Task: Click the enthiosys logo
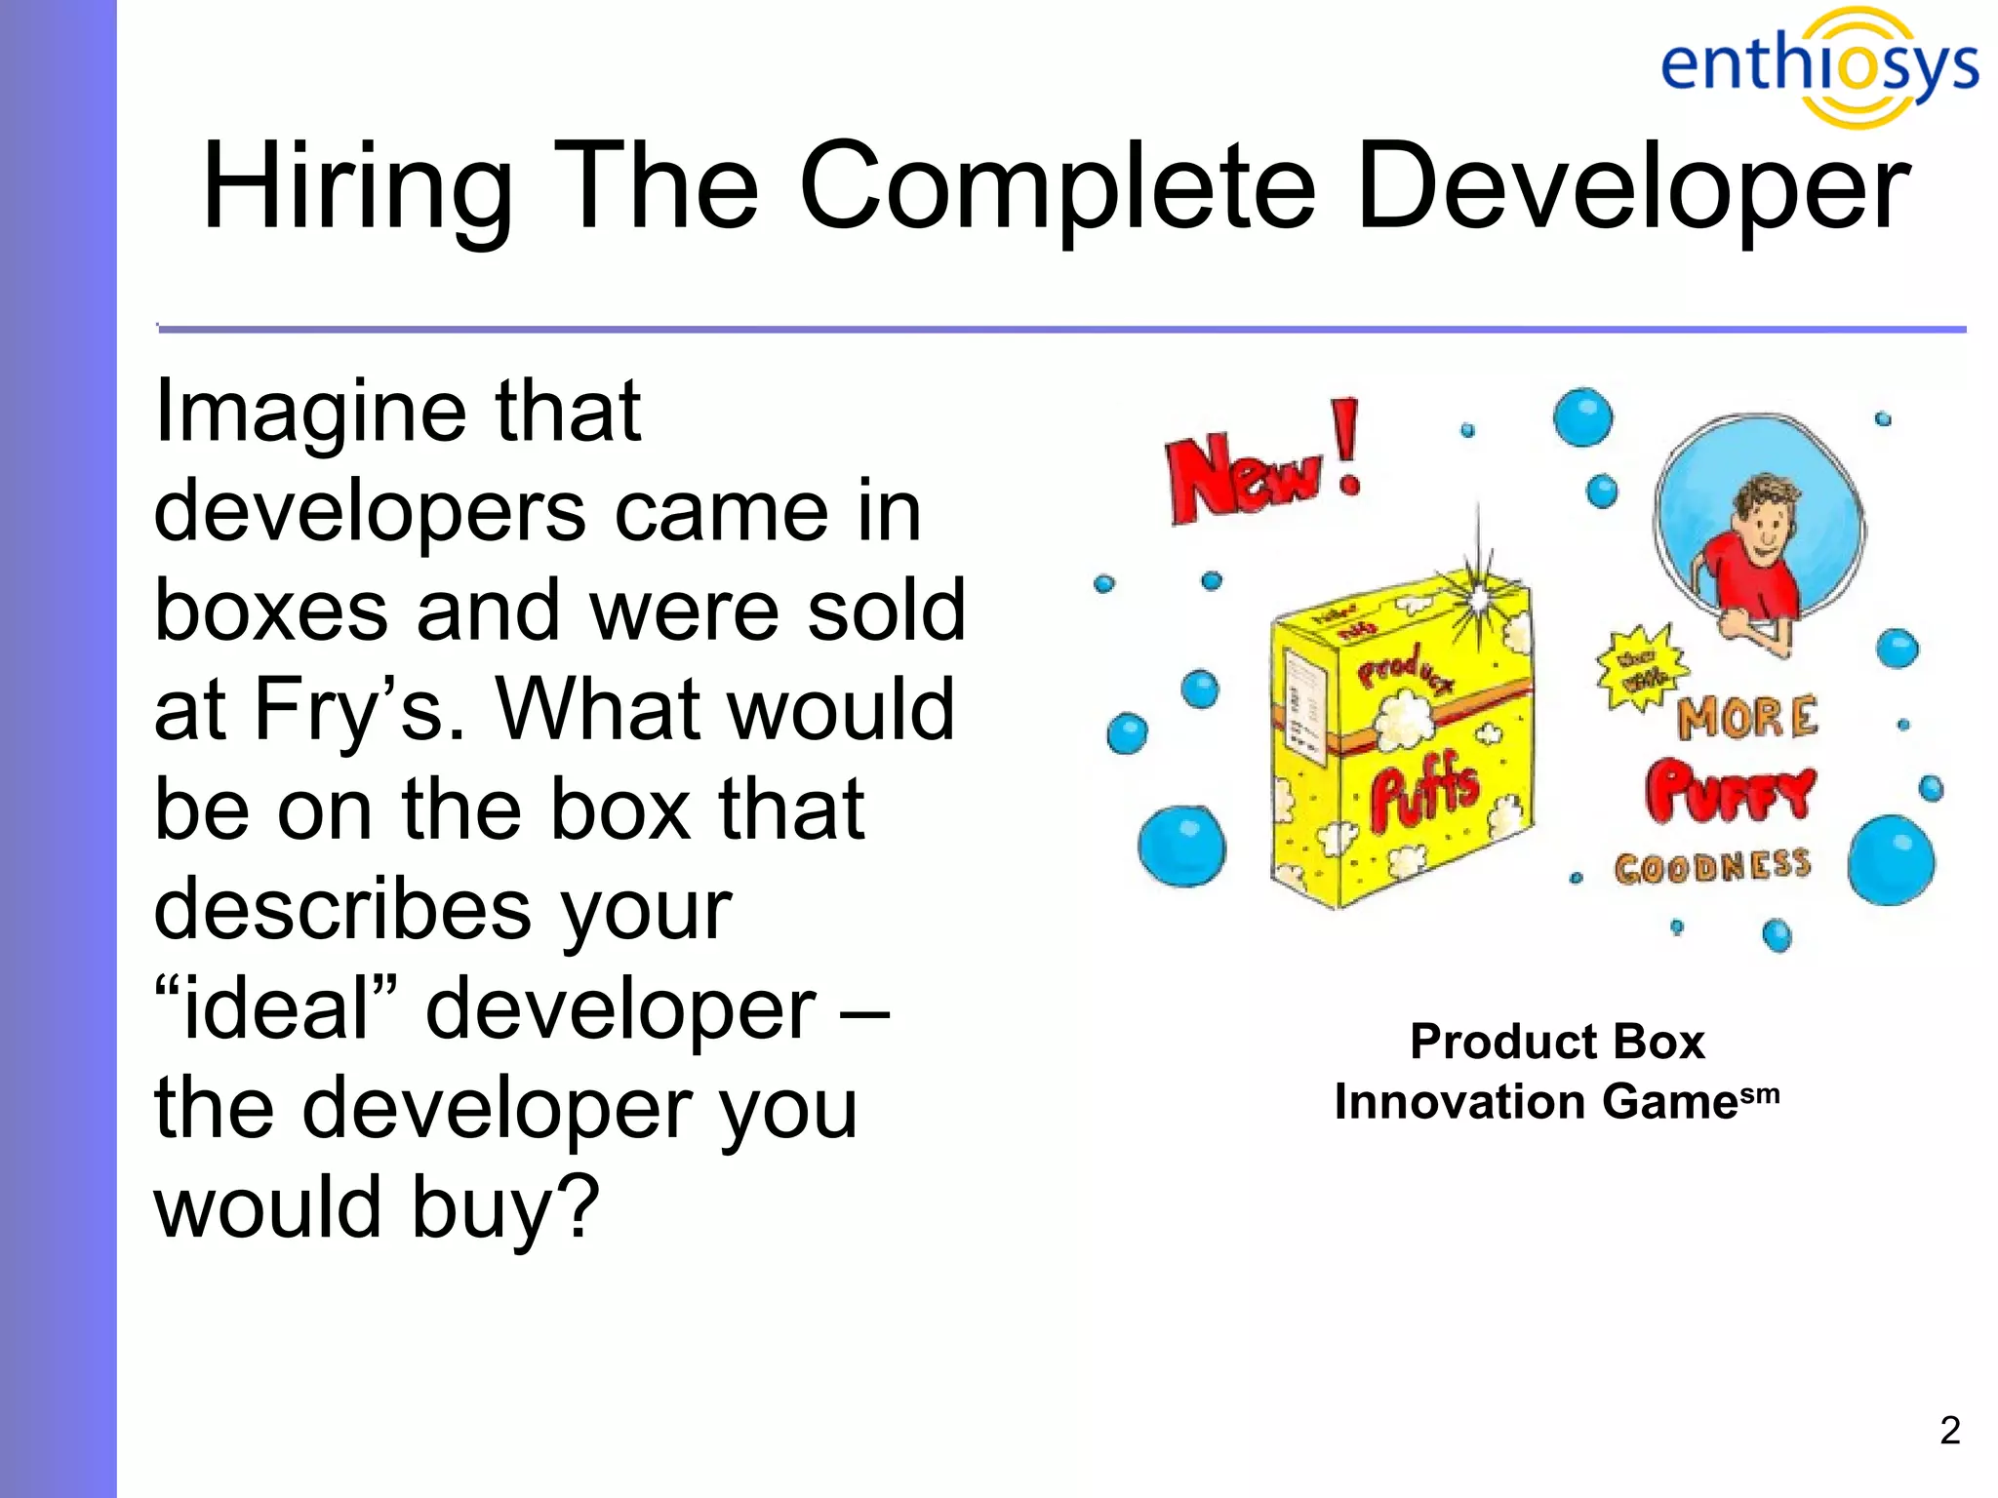click(x=1818, y=66)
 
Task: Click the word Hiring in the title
click(x=357, y=187)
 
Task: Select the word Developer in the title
click(x=1632, y=187)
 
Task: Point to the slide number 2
click(x=1949, y=1430)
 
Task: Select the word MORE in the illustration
click(x=1747, y=718)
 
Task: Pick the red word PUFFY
click(x=1730, y=790)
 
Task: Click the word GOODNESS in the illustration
click(x=1712, y=866)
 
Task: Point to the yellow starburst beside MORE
click(x=1641, y=668)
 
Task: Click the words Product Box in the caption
click(x=1557, y=1042)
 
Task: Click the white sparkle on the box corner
click(x=1481, y=597)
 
